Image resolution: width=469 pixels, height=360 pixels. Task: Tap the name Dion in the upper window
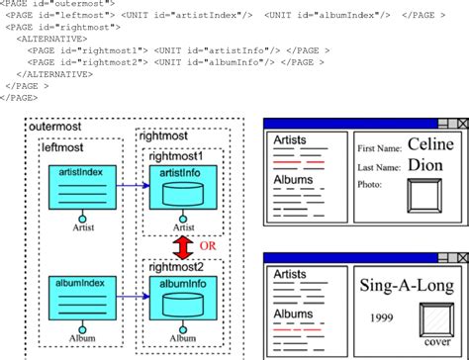tap(425, 165)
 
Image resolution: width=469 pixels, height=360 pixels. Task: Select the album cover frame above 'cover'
tap(436, 321)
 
